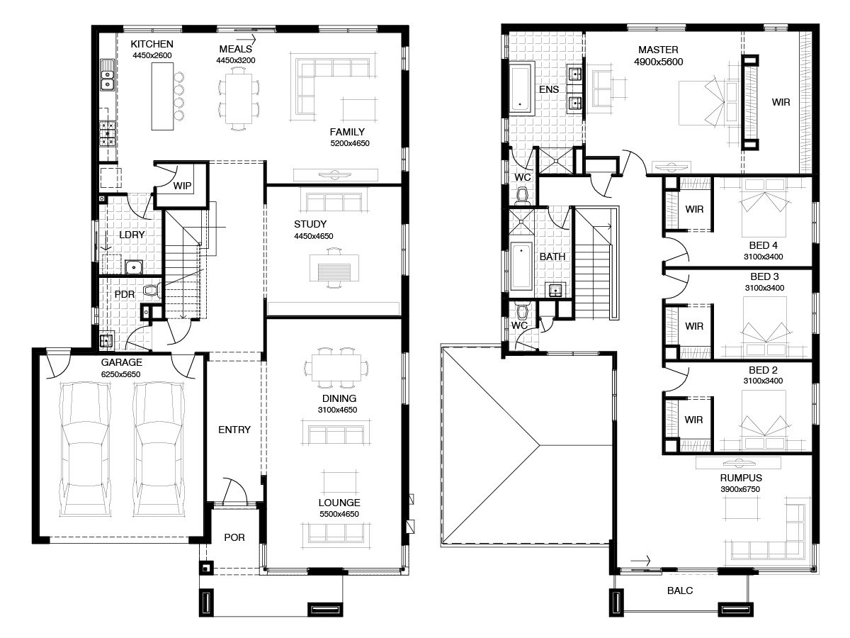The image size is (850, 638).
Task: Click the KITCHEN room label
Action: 152,44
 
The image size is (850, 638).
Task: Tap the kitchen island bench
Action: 162,96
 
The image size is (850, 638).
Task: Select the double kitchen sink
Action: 107,74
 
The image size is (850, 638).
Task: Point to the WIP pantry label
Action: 182,186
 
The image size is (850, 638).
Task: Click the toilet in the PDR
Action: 152,290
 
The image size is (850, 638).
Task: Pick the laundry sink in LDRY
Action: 134,267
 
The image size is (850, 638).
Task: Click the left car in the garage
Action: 85,449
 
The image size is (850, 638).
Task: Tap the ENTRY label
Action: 234,429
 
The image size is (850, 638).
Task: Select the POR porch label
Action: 234,537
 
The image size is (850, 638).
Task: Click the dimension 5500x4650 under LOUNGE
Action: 339,514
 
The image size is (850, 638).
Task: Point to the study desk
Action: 334,268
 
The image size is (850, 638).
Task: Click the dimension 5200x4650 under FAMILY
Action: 350,143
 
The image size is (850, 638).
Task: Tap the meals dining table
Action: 238,99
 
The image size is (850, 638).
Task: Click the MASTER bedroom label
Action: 658,50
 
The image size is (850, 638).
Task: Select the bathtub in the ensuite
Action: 521,89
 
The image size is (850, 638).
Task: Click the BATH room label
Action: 552,257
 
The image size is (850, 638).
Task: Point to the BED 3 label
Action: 764,276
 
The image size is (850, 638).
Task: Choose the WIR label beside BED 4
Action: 694,209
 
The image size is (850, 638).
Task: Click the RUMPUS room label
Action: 741,478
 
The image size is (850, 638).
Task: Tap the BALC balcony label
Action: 680,591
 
